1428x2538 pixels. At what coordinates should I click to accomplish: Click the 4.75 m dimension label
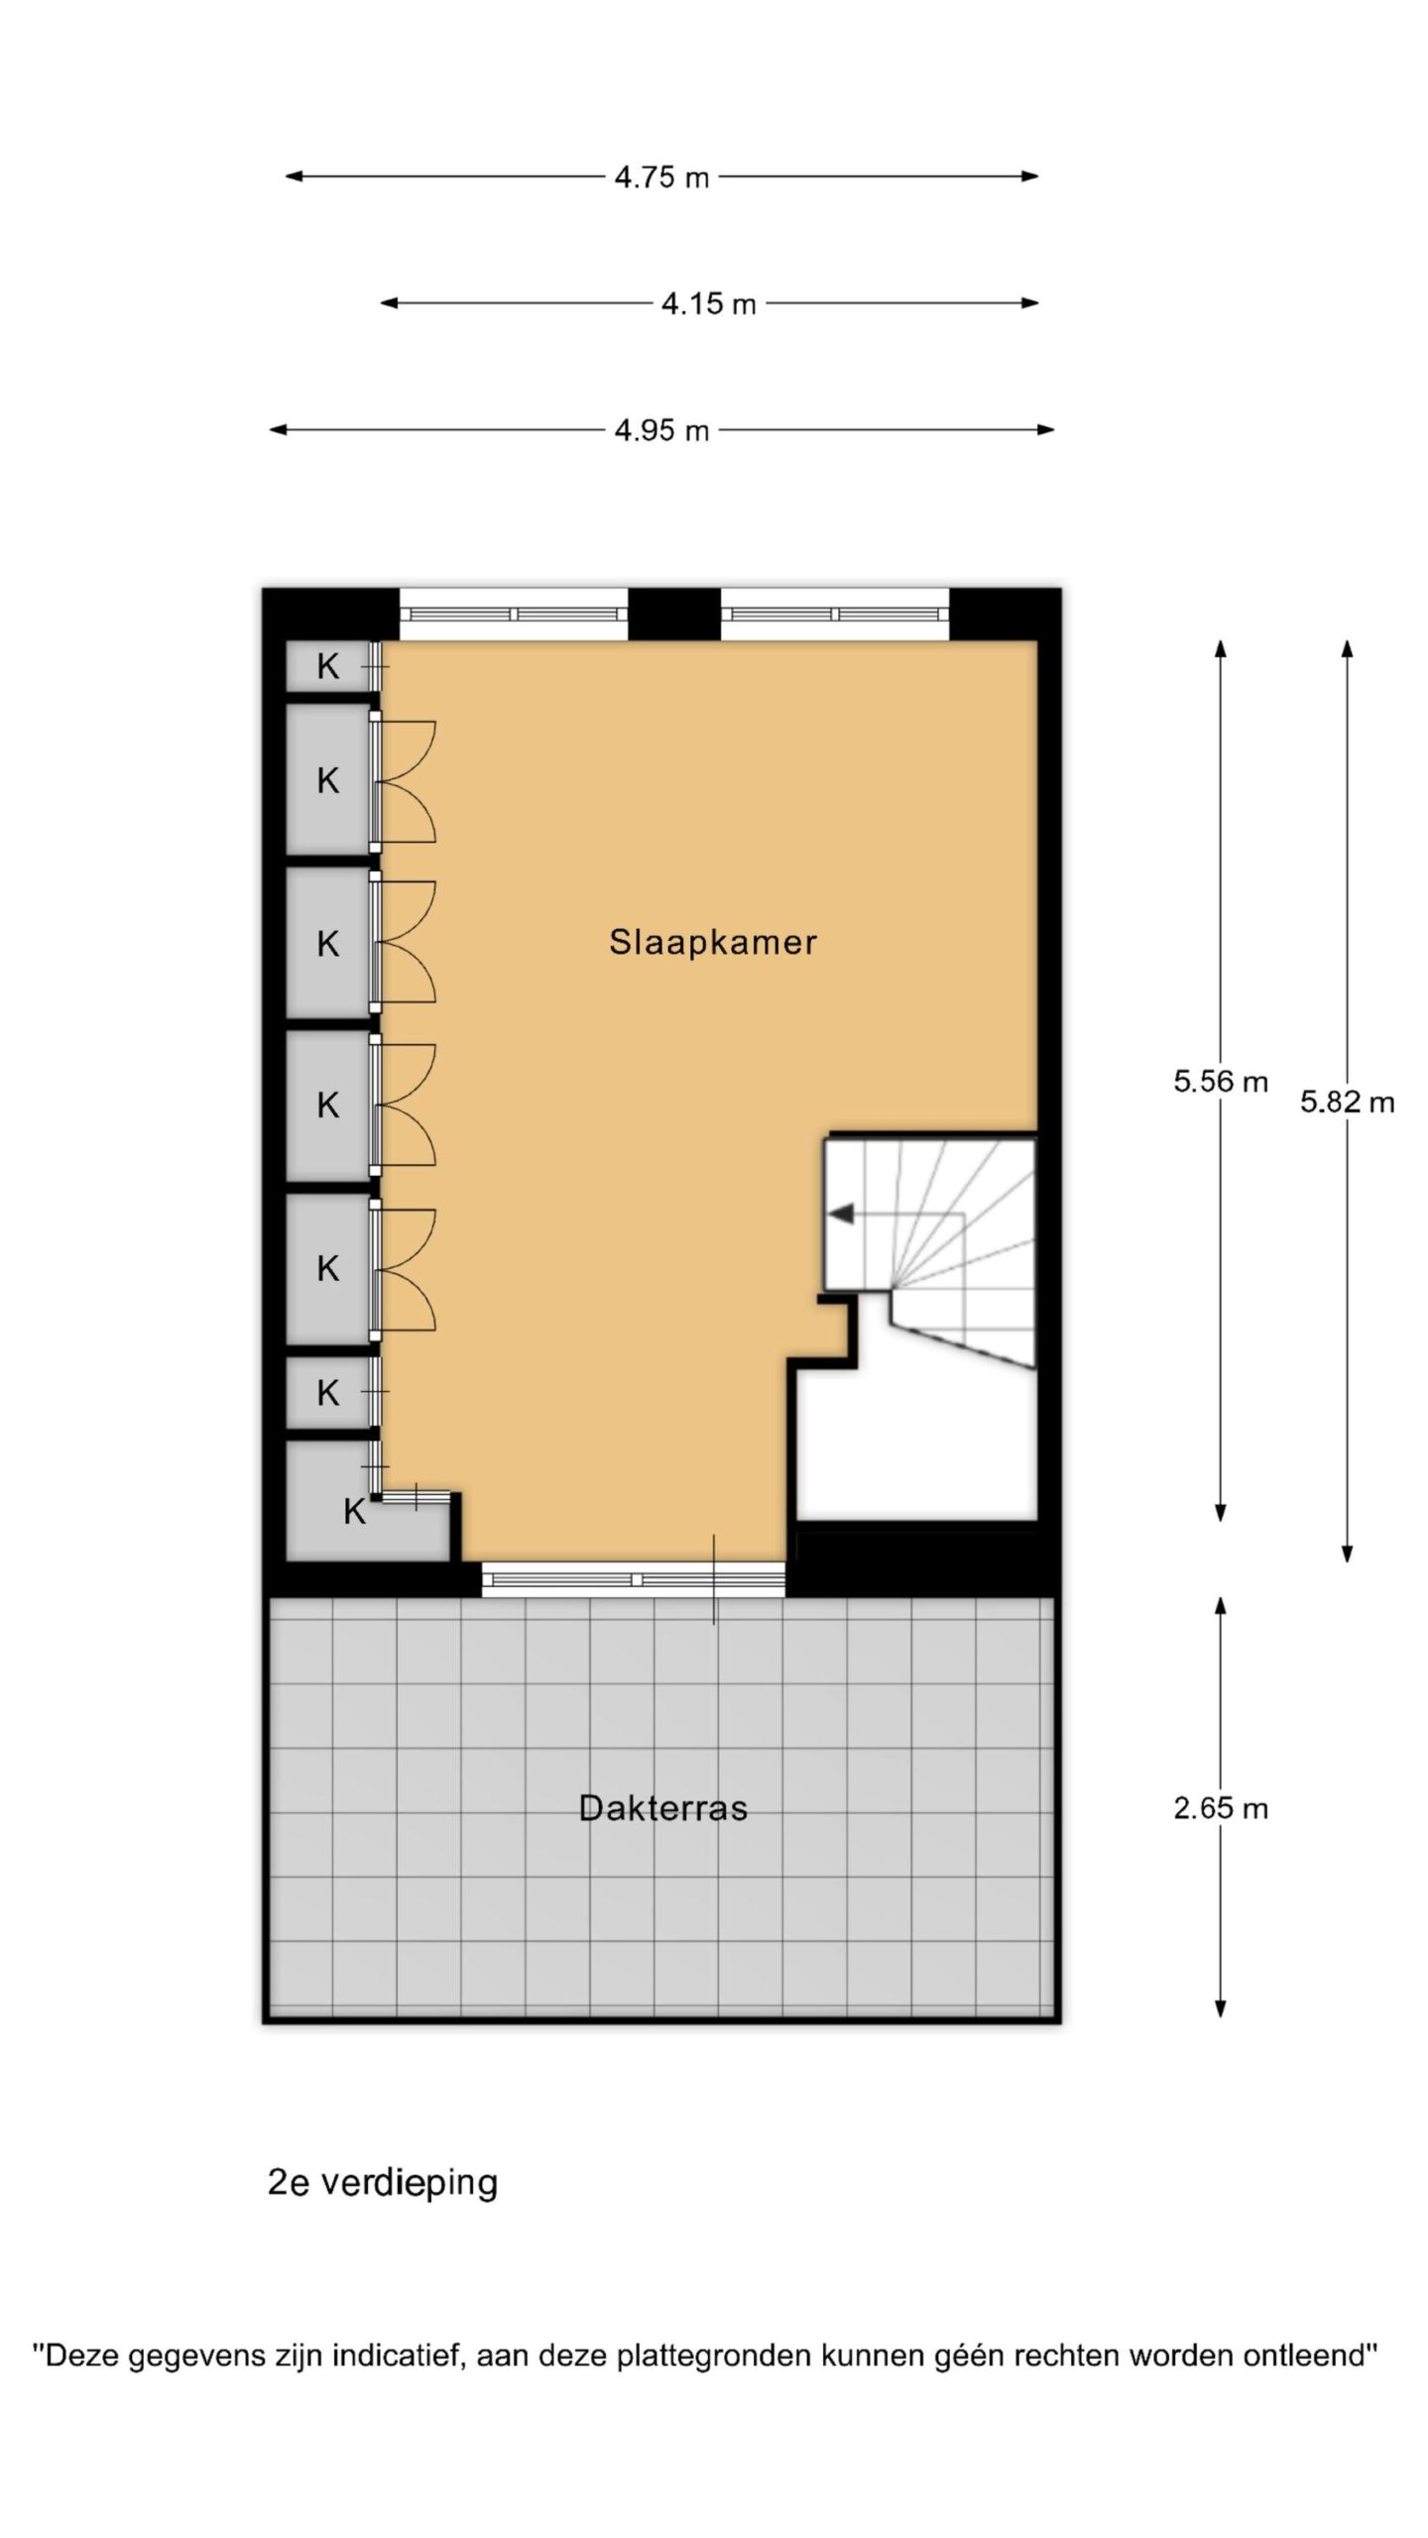point(661,177)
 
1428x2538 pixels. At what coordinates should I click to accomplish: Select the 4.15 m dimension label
point(708,303)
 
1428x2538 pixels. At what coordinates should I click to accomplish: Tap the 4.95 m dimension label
point(661,430)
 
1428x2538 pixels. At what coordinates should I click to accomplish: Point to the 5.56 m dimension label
point(1221,1082)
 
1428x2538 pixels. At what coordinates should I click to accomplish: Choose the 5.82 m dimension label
point(1348,1101)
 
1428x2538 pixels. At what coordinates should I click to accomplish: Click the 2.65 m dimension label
point(1221,1809)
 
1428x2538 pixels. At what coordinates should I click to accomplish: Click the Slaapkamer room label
point(713,942)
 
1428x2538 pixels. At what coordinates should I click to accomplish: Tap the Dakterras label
point(662,1808)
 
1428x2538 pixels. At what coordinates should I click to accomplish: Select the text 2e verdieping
point(383,2183)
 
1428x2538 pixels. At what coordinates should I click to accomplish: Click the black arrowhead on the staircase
point(841,1212)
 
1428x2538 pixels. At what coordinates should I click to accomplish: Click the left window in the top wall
point(514,614)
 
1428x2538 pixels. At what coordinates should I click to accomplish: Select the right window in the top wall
point(835,614)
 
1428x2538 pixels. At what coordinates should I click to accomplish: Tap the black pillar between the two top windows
point(674,614)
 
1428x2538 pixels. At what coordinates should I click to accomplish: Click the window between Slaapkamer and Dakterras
point(634,1579)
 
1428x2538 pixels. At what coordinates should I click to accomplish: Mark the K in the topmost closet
point(328,667)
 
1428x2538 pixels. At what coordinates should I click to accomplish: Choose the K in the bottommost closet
point(355,1512)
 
